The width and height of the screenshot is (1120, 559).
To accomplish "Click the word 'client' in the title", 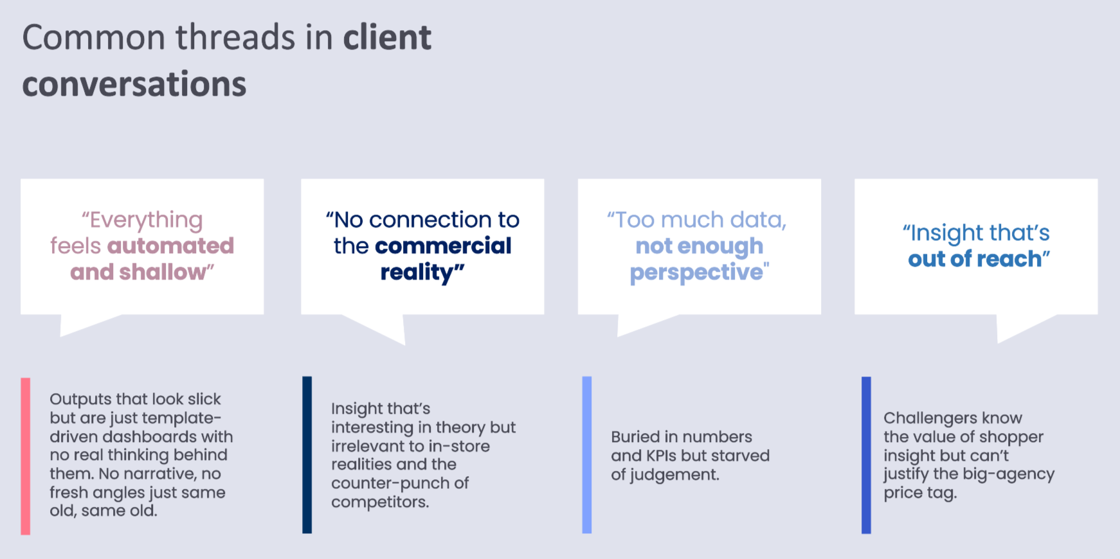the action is (387, 37).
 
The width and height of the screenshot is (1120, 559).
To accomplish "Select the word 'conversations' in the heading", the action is (134, 84).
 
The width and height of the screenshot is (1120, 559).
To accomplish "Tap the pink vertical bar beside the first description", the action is (26, 456).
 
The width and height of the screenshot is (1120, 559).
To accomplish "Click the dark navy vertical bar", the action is (307, 454).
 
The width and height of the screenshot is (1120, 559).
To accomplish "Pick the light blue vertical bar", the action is (586, 454).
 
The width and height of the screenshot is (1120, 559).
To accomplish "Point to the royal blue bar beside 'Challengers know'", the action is (866, 454).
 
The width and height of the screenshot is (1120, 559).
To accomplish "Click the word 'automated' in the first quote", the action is (170, 246).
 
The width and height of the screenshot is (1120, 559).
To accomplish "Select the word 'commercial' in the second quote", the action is (443, 246).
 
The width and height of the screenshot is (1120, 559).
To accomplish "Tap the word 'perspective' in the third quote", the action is (696, 272).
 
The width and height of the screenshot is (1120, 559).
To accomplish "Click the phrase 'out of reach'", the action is (975, 259).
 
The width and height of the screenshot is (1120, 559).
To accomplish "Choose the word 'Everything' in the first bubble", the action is (146, 220).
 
